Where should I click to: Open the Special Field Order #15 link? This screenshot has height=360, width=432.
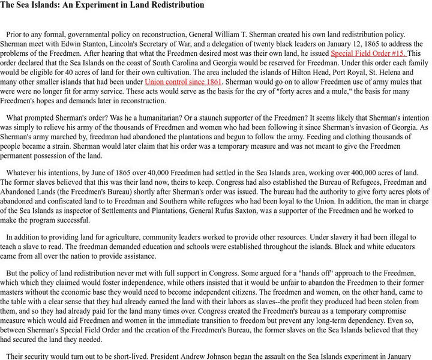(x=368, y=53)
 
